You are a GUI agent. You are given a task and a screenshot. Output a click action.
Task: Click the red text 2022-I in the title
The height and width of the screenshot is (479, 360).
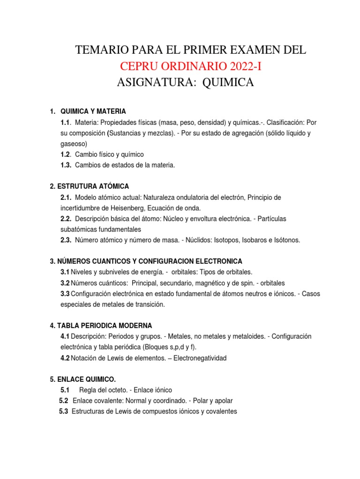tap(240, 66)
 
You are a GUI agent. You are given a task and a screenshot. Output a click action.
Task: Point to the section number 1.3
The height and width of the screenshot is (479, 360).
tap(66, 165)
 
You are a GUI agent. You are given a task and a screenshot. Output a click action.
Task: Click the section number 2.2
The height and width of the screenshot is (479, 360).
tap(66, 218)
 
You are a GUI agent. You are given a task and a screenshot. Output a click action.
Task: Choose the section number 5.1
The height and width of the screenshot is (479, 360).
tap(65, 390)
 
